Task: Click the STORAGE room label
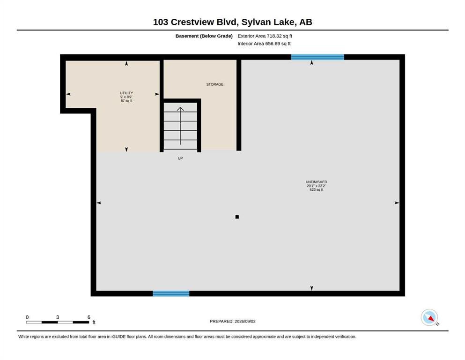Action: point(215,84)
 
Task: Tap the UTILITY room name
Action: point(126,93)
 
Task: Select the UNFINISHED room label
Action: point(317,182)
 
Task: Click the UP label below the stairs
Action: point(180,158)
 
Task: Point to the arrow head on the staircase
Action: point(180,109)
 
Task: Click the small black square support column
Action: point(237,217)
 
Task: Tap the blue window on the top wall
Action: point(317,57)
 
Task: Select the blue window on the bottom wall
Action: point(171,293)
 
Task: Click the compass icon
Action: point(429,317)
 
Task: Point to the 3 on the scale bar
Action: point(58,317)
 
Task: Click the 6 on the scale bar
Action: point(89,317)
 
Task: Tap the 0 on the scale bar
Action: point(27,317)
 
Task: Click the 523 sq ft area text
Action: point(317,190)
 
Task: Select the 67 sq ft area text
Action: point(126,101)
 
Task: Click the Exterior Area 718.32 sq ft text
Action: point(265,36)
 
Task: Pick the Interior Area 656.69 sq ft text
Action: point(264,44)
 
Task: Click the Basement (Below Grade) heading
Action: point(204,36)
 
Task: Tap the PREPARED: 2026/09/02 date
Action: point(232,322)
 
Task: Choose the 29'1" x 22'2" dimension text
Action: point(317,186)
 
